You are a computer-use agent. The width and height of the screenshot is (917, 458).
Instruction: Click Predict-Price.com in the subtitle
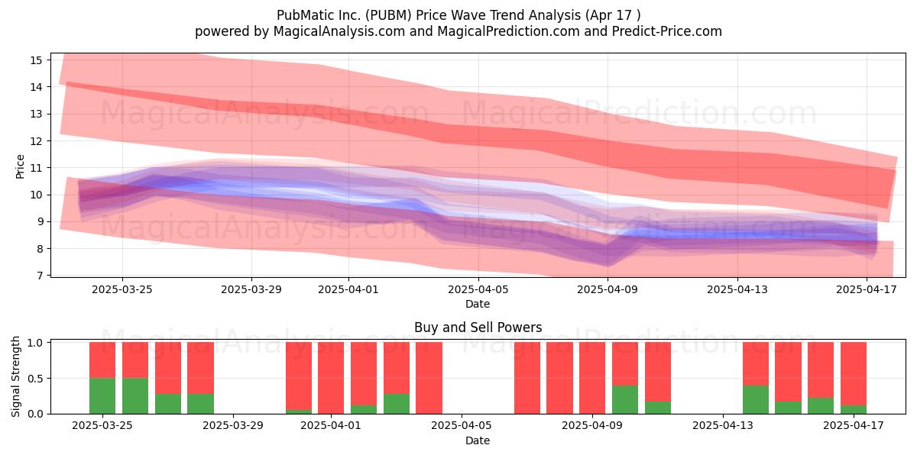tap(667, 31)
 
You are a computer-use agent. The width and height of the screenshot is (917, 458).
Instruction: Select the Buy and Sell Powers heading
tap(478, 327)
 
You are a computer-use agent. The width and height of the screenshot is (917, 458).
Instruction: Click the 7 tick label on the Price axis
tap(39, 276)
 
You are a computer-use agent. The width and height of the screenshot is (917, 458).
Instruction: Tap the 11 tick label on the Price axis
tap(36, 168)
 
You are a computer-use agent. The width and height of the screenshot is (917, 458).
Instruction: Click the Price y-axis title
tap(20, 166)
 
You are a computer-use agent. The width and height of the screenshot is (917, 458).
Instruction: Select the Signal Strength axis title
tap(15, 376)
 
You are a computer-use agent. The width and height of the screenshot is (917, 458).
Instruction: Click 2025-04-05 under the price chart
tap(478, 289)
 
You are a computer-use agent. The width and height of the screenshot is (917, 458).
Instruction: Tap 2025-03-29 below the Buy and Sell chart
tap(233, 426)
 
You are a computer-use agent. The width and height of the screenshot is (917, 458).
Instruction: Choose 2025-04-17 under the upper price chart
tap(867, 289)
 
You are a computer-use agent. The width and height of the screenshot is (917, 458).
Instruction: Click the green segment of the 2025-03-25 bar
tap(102, 396)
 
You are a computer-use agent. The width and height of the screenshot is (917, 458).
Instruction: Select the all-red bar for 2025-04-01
tap(331, 378)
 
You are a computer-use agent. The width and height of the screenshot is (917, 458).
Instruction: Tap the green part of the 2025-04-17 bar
tap(854, 409)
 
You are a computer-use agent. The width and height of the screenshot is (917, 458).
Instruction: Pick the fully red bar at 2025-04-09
tap(592, 378)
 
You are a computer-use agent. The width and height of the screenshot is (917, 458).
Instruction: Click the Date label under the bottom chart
tap(478, 440)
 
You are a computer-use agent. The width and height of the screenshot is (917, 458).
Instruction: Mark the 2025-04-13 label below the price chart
tap(737, 289)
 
